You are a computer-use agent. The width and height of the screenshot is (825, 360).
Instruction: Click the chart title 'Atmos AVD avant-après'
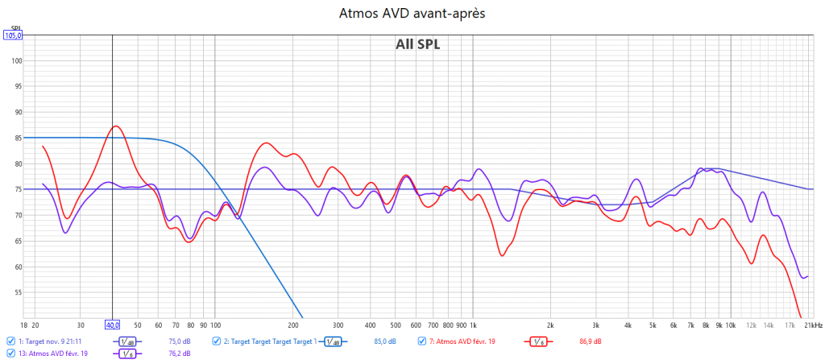412,14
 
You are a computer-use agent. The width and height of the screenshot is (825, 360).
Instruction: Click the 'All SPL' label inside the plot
417,45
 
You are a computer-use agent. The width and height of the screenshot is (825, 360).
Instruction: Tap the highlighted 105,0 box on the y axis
14,35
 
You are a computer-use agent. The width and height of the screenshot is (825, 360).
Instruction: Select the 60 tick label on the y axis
16,267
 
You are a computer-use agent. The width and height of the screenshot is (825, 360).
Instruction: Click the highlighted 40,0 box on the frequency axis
112,325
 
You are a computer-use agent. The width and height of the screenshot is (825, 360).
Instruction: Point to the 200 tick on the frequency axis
293,325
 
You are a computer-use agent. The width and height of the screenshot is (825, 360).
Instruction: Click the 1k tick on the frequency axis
475,325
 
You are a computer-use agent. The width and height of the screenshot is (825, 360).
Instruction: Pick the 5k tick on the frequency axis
653,325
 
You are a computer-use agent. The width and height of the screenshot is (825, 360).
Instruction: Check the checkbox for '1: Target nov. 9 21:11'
10,341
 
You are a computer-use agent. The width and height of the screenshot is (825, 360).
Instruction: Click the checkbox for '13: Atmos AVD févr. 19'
10,353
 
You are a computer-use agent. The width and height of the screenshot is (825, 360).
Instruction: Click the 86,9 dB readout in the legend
591,341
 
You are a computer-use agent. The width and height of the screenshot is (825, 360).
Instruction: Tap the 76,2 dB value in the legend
180,353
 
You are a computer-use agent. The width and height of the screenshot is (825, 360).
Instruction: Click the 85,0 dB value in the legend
385,341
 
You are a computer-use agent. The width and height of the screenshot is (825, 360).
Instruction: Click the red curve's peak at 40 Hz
116,126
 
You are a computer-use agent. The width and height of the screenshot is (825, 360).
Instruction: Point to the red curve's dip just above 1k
502,255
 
